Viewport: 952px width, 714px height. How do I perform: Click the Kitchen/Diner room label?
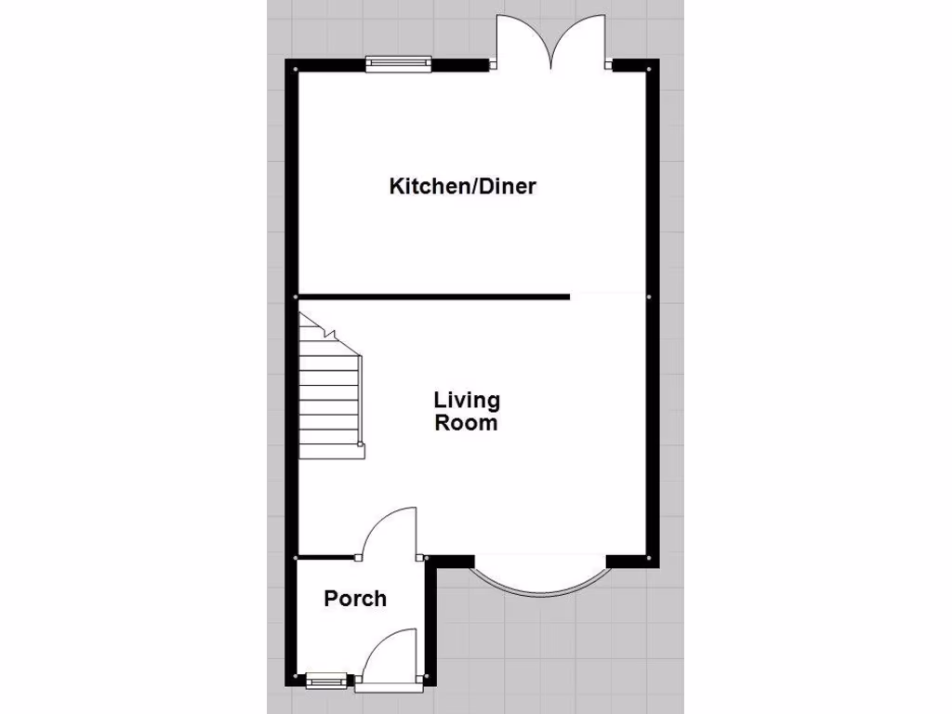(462, 186)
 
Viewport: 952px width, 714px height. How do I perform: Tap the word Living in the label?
(467, 400)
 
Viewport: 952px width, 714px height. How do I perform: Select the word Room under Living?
(467, 423)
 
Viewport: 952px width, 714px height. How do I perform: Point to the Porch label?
(355, 599)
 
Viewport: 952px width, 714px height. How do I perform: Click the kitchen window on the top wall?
(399, 63)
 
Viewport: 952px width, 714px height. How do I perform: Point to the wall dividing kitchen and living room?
(433, 297)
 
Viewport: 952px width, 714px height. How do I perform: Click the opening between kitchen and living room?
(608, 297)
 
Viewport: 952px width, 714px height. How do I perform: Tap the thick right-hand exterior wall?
(654, 307)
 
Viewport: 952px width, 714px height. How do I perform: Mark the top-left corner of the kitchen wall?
(292, 65)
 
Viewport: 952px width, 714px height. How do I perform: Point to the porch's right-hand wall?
(430, 623)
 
